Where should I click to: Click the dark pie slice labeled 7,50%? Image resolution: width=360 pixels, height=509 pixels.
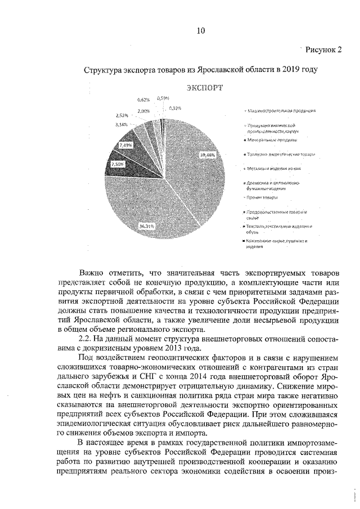[x=117, y=165]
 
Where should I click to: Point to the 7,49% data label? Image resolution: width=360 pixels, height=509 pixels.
[x=125, y=145]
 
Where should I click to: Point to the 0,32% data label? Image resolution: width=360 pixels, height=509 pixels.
[x=174, y=108]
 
